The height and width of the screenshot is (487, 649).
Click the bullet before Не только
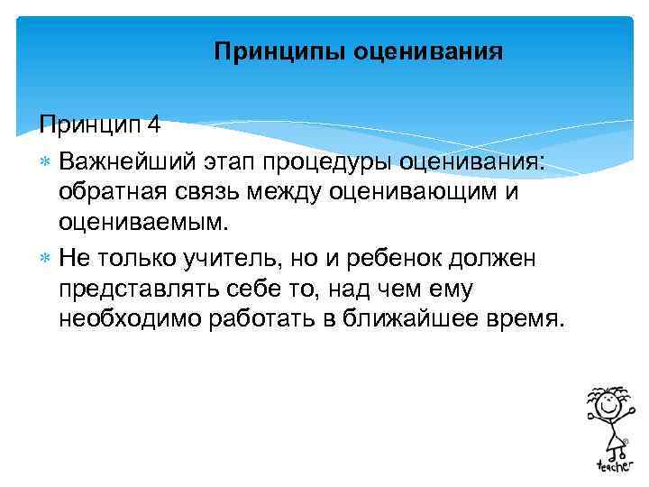[x=47, y=260]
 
